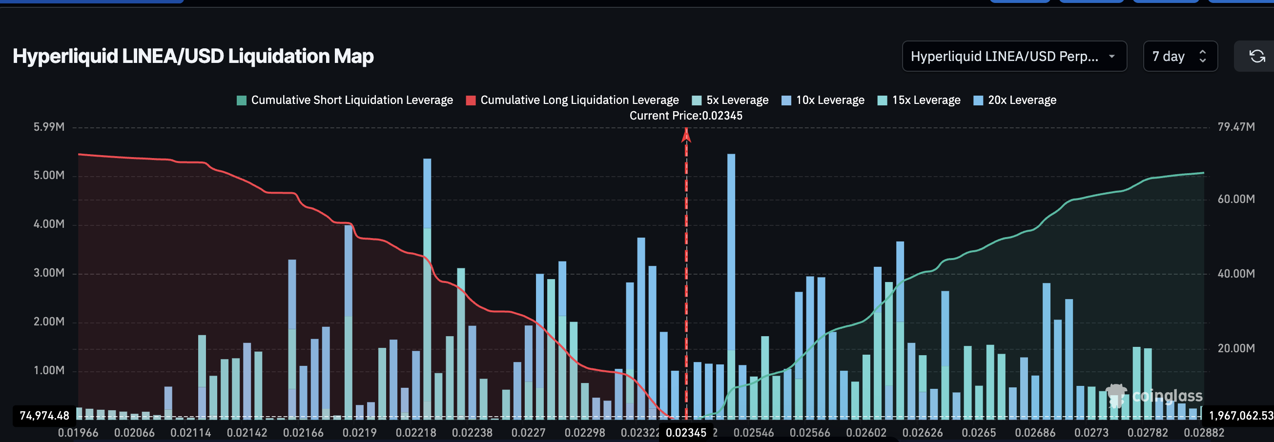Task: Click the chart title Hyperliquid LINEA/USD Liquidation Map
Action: point(193,57)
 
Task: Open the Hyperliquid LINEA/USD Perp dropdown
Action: point(1014,57)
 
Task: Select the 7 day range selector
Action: point(1179,57)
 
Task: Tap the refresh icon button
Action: point(1257,57)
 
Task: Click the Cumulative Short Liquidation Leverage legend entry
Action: point(345,100)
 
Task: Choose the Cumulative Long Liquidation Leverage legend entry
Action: point(572,100)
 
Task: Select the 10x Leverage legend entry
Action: point(823,100)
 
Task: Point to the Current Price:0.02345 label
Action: point(686,116)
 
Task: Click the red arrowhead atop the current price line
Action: point(686,135)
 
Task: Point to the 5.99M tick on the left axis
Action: point(49,127)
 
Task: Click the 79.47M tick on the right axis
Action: point(1236,127)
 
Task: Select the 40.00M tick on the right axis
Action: point(1236,274)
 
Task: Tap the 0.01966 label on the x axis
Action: point(78,433)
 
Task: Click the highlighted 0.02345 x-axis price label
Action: point(686,433)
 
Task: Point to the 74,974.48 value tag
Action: point(44,415)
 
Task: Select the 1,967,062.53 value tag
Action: point(1240,415)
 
